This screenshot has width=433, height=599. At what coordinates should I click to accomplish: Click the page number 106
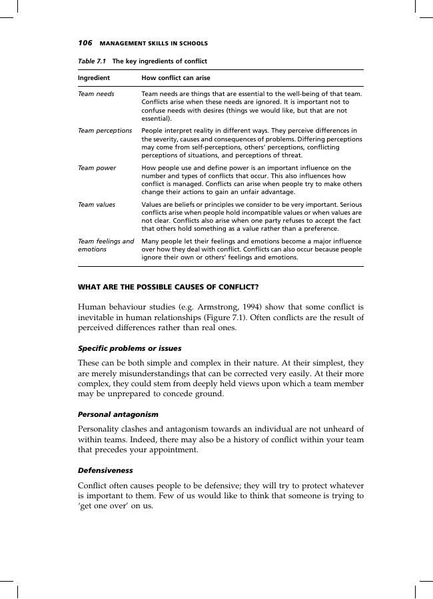tap(85, 43)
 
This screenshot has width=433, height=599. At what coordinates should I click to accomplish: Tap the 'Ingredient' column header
tap(94, 78)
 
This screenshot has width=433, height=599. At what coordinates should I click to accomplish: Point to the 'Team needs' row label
tap(96, 94)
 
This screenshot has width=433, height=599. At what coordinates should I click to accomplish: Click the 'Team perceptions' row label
tap(105, 131)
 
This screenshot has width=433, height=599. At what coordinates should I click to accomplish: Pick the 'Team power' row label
tap(97, 167)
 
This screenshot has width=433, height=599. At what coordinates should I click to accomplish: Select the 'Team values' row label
tap(97, 204)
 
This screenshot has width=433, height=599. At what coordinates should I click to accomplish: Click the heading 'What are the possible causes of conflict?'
tap(169, 287)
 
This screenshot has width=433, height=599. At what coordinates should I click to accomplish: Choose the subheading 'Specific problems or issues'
tap(129, 348)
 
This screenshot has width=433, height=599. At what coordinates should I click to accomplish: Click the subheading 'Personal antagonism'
tap(118, 414)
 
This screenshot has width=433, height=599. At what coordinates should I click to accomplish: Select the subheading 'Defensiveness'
tap(105, 470)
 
